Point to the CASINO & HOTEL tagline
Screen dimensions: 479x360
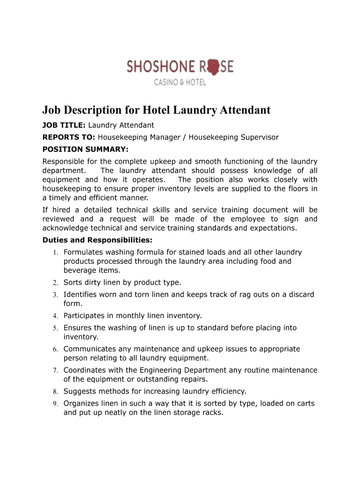click(180, 83)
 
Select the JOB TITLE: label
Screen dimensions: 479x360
click(64, 125)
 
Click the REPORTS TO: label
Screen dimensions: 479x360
click(69, 137)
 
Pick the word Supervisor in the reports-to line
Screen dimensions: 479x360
click(259, 137)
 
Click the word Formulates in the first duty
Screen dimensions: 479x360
click(84, 252)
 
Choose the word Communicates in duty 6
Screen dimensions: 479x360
click(90, 349)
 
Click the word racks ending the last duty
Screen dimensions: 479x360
click(213, 413)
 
